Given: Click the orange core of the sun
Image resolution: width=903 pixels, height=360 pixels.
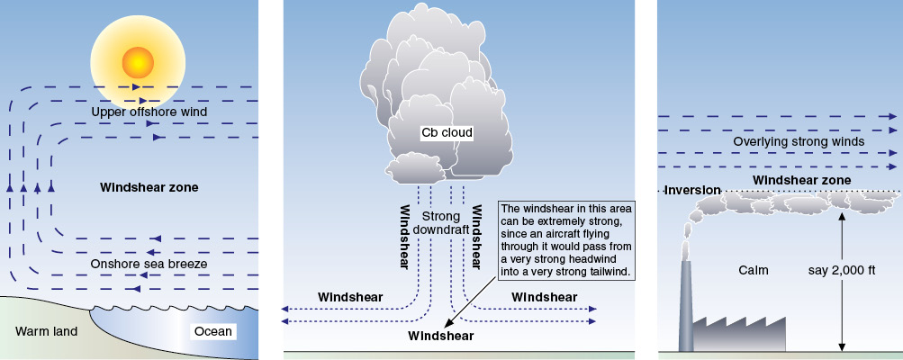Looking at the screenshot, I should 138,62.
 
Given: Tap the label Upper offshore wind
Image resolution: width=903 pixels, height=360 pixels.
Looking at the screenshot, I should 149,112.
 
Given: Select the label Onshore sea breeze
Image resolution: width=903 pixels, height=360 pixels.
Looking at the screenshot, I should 149,264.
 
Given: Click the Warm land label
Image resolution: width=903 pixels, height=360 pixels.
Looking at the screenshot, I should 47,331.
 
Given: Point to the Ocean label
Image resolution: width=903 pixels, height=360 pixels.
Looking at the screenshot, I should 213,331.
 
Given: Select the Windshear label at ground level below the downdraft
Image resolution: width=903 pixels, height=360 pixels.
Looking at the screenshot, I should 441,336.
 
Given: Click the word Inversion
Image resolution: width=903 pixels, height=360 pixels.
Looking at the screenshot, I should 692,190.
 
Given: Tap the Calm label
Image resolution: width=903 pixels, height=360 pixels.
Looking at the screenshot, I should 753,270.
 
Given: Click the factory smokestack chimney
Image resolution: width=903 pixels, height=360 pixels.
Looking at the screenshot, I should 686,306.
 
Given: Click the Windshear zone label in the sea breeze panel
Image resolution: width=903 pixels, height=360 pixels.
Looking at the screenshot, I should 149,188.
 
